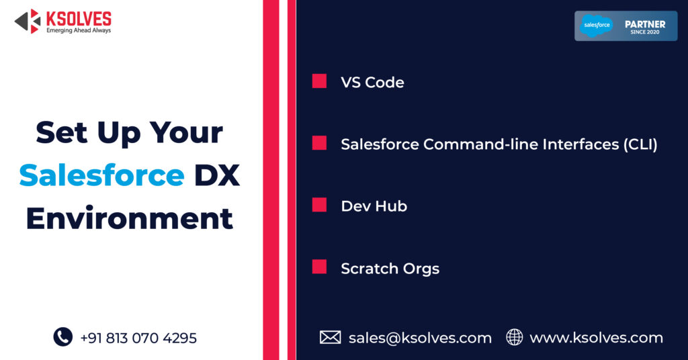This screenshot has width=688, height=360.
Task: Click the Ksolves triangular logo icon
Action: pos(28,21)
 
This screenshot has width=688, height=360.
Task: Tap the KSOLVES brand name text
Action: pos(78,18)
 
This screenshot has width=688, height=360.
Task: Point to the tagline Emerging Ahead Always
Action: pos(78,31)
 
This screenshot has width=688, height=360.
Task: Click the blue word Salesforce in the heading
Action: pos(101,176)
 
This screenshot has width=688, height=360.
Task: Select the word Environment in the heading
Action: pos(130,219)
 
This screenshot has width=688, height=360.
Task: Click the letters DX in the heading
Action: pos(216,176)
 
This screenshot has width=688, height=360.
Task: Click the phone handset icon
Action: pos(62,336)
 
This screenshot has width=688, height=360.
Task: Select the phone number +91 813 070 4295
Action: pos(138,338)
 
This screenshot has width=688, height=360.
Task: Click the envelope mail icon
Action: pos(330,337)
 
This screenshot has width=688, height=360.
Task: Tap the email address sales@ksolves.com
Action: pos(420,337)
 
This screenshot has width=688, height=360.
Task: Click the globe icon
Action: pos(514,337)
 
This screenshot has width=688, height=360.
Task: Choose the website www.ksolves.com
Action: pos(596,337)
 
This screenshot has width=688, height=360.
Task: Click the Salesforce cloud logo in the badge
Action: pos(597,26)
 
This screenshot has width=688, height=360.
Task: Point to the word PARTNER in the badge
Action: pos(645,24)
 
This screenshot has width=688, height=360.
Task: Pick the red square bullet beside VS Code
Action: pos(319,81)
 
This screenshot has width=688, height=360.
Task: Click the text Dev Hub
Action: pos(374,206)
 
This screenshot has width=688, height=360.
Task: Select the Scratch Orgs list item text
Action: pos(390,269)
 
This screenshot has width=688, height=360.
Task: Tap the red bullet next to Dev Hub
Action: pos(319,205)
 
